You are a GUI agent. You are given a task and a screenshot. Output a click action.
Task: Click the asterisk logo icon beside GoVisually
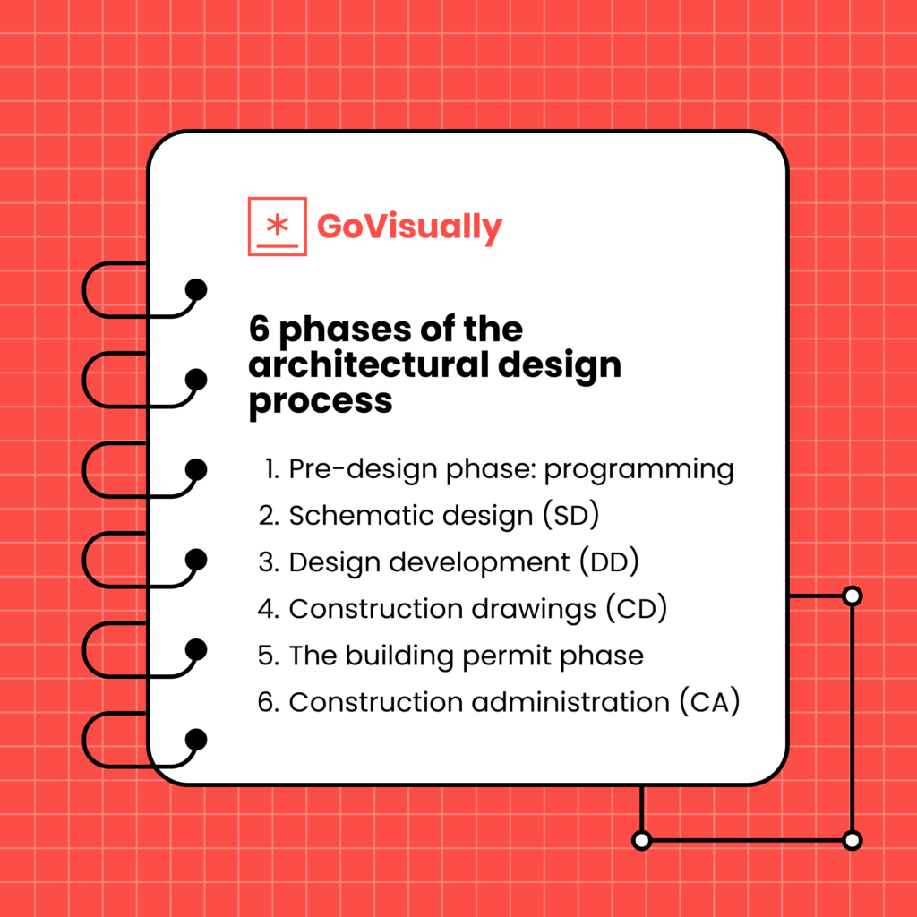pos(277,226)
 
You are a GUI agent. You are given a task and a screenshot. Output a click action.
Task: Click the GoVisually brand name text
pos(409,227)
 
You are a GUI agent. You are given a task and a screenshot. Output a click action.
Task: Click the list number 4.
pos(267,609)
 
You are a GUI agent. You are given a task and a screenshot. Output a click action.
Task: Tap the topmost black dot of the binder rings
pos(195,289)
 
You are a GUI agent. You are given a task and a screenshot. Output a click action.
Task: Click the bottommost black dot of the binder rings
pos(195,739)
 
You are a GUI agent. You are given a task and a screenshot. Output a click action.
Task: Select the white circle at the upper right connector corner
pos(853,596)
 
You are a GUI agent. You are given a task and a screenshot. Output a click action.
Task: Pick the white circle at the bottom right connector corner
pos(853,840)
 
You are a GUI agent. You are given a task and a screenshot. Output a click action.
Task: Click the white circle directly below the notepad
pos(641,840)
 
